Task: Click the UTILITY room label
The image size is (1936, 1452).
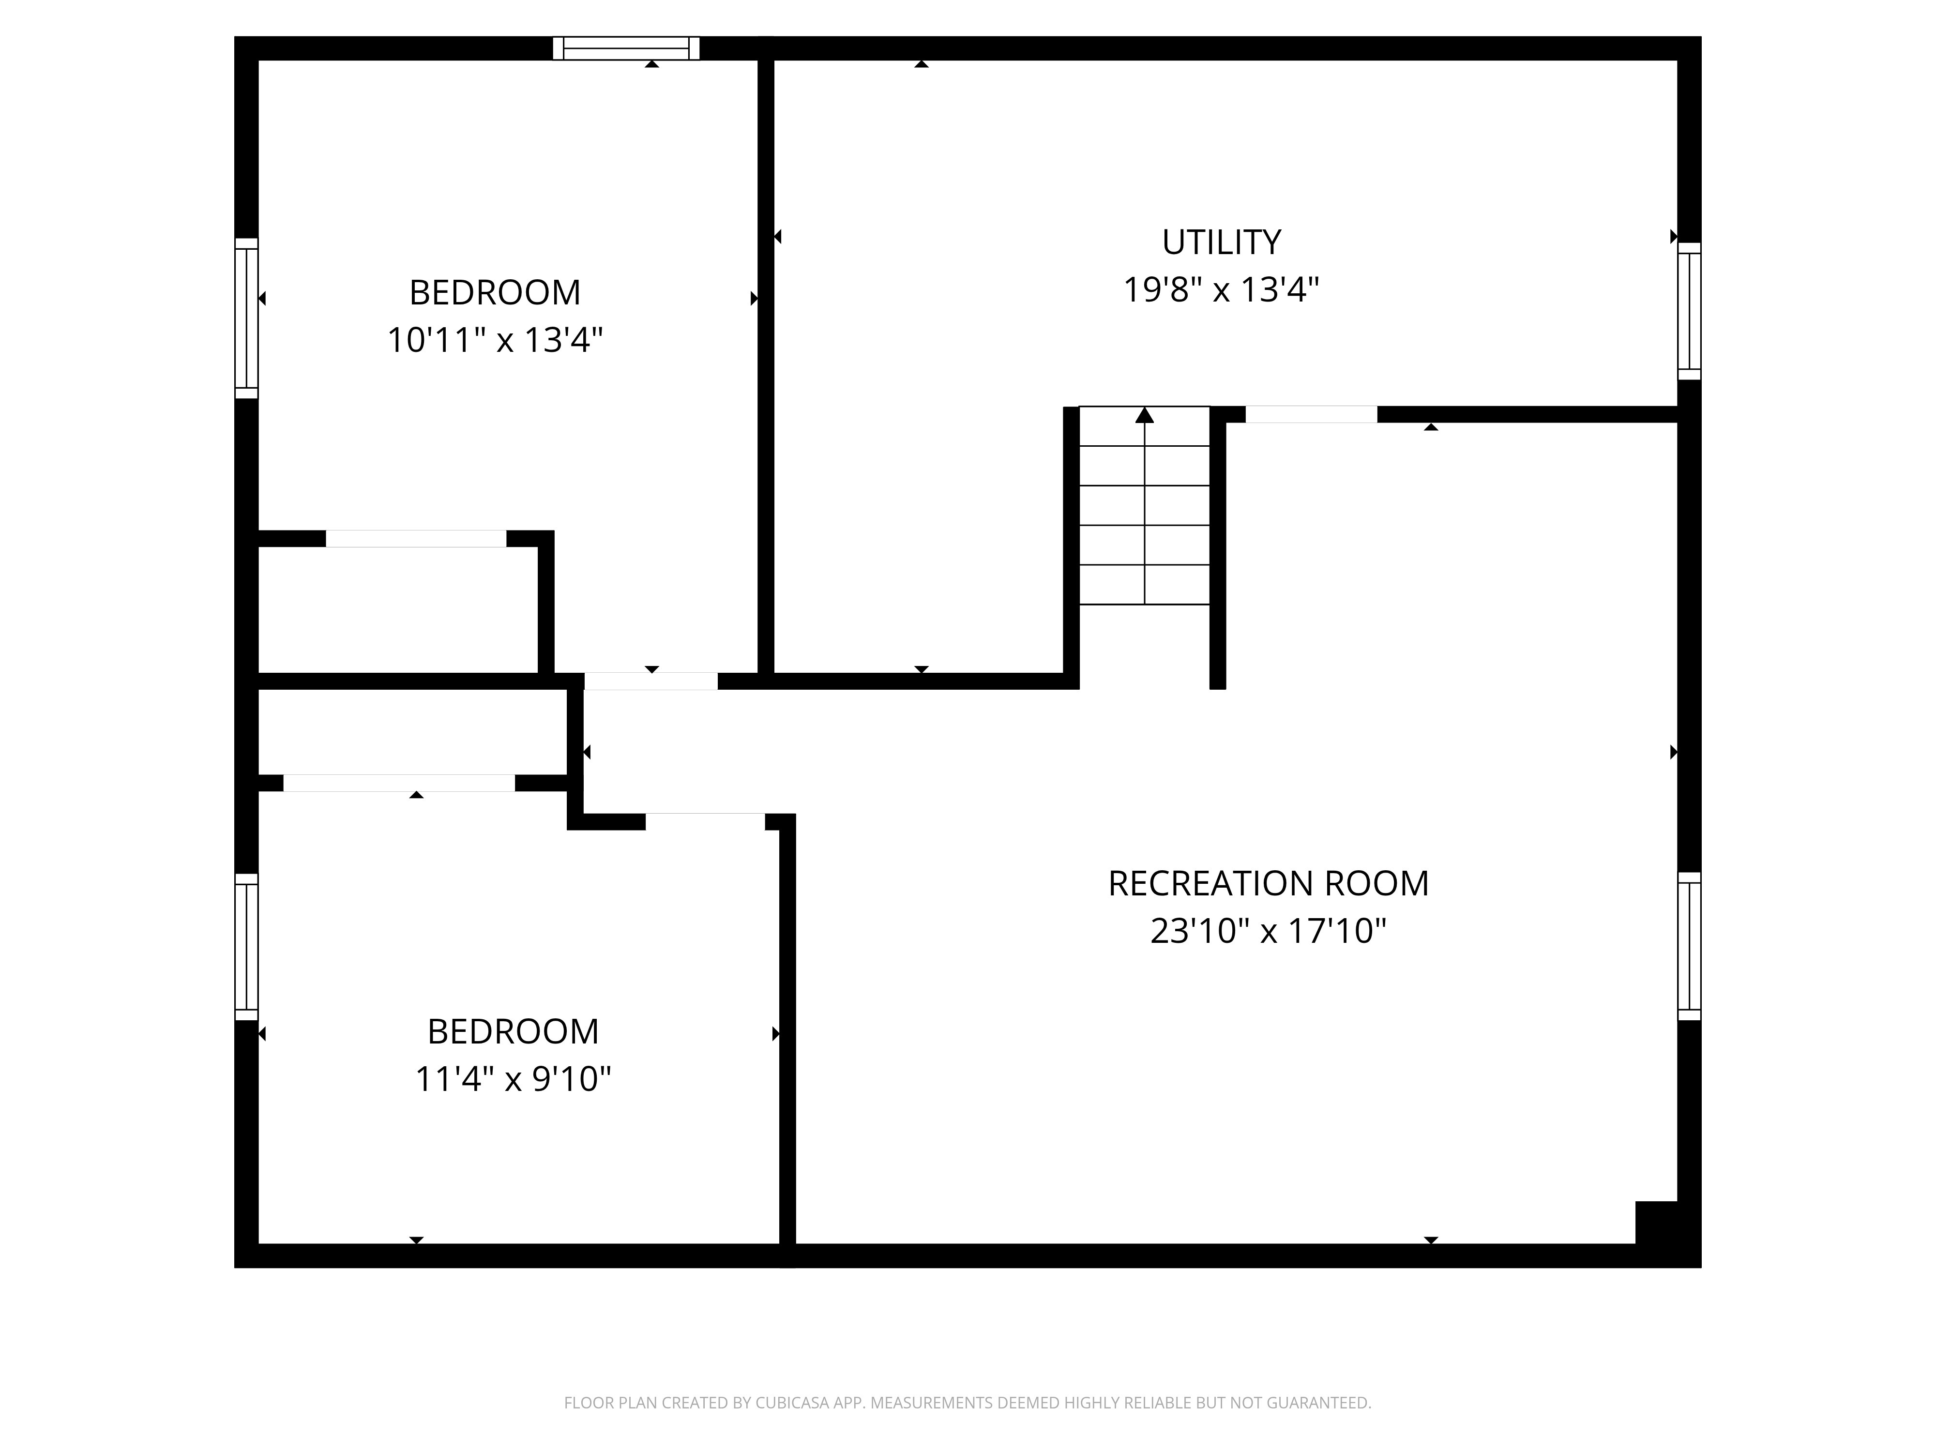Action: (1221, 242)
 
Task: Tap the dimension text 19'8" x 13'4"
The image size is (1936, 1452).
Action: (1221, 289)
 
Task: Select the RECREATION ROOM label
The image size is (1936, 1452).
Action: (1268, 883)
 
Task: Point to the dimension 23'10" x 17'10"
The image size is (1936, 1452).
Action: (1268, 930)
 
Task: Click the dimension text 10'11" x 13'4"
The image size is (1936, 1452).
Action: (496, 340)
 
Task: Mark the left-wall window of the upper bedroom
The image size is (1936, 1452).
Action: (247, 318)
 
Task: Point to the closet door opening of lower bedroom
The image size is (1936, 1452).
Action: (399, 783)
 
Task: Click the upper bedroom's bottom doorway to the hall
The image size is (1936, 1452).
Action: (651, 681)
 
